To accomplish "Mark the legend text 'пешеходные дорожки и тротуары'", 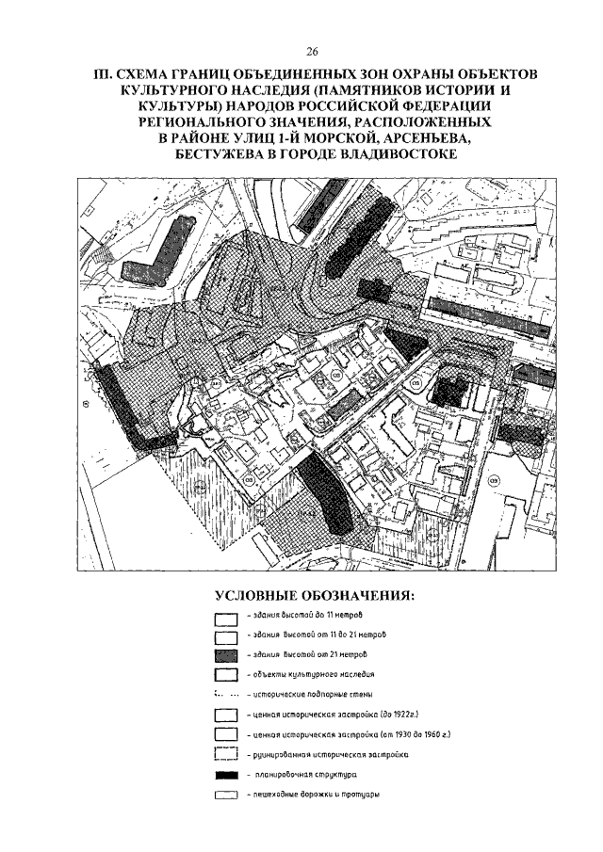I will (x=313, y=796).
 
